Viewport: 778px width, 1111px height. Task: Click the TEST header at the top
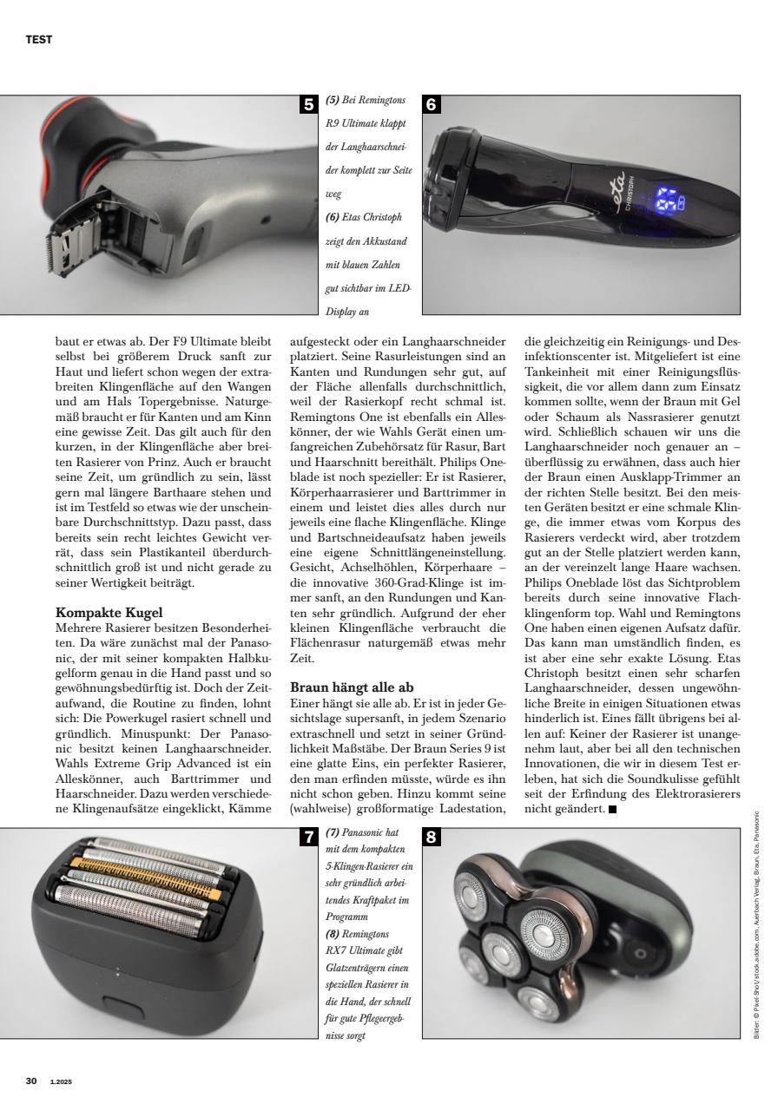pyautogui.click(x=39, y=39)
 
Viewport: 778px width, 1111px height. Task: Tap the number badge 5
pyautogui.click(x=307, y=105)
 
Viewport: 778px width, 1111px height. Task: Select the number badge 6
pyautogui.click(x=432, y=105)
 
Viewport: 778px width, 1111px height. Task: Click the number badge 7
pyautogui.click(x=307, y=838)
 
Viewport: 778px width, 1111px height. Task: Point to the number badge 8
pyautogui.click(x=432, y=838)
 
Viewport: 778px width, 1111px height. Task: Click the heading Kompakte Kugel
pyautogui.click(x=109, y=613)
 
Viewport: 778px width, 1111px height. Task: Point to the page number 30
pyautogui.click(x=31, y=1081)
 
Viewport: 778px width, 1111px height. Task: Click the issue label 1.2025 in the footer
pyautogui.click(x=61, y=1081)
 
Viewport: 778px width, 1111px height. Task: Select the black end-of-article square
pyautogui.click(x=613, y=810)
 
